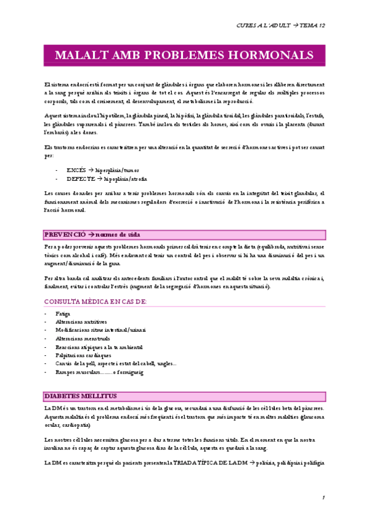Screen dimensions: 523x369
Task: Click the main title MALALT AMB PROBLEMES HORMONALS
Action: point(184,55)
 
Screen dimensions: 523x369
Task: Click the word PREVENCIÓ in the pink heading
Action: point(63,234)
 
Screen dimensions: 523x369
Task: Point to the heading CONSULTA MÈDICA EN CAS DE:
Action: point(95,301)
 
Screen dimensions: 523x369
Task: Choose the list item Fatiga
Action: point(63,314)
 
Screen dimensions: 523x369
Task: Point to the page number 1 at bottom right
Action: point(323,497)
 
